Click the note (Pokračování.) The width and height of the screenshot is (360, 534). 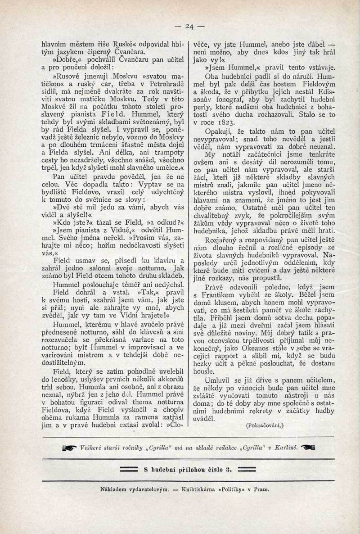pos(265,425)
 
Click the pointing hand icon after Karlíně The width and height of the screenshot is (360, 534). pos(308,447)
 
